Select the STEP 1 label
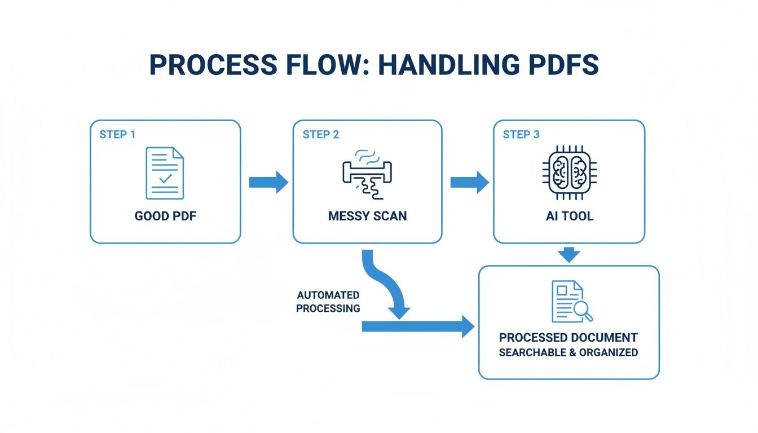pyautogui.click(x=117, y=135)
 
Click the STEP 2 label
pyautogui.click(x=321, y=135)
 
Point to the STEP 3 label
pyautogui.click(x=522, y=135)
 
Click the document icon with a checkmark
pyautogui.click(x=165, y=173)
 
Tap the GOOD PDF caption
pyautogui.click(x=165, y=216)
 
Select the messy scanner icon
pyautogui.click(x=367, y=172)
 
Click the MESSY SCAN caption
pyautogui.click(x=367, y=216)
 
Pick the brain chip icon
pyautogui.click(x=568, y=173)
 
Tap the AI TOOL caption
pyautogui.click(x=570, y=216)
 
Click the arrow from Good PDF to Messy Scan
pyautogui.click(x=268, y=182)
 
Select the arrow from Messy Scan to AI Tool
pyautogui.click(x=469, y=182)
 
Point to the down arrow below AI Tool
pyautogui.click(x=570, y=254)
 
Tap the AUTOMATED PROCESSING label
pyautogui.click(x=328, y=302)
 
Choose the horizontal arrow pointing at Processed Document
pyautogui.click(x=417, y=326)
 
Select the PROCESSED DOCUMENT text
pyautogui.click(x=568, y=338)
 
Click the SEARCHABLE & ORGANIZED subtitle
pyautogui.click(x=568, y=352)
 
